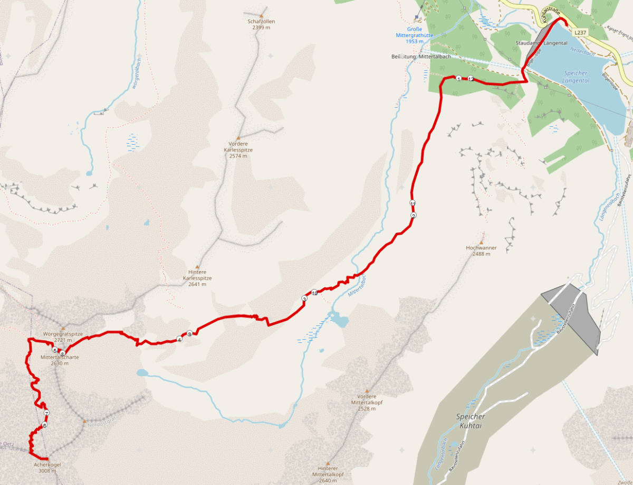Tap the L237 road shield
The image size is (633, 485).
580,32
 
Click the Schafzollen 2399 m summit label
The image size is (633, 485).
261,24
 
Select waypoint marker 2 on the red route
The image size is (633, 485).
414,216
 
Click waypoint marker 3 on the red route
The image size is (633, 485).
304,299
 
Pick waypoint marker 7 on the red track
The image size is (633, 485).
46,413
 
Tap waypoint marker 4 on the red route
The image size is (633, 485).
179,340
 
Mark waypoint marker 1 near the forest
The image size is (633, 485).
458,79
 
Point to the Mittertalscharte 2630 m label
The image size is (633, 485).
60,360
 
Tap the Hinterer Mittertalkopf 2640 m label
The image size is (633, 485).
328,477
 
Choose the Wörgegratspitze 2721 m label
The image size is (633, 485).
63,337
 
